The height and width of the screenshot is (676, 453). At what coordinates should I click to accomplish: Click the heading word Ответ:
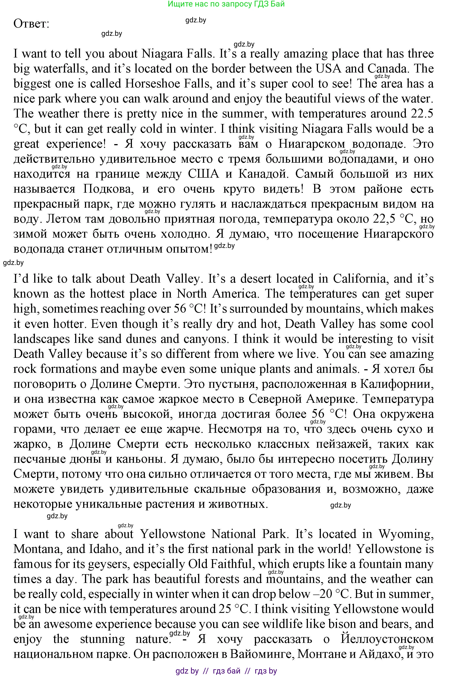[31, 24]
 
